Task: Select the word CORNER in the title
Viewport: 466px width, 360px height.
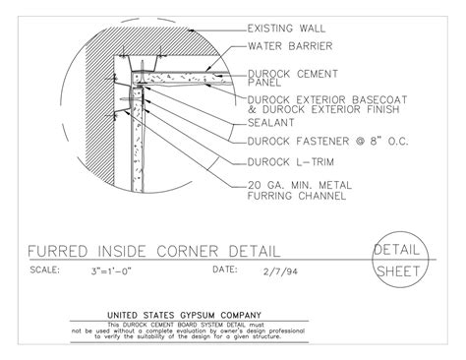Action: coord(201,250)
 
